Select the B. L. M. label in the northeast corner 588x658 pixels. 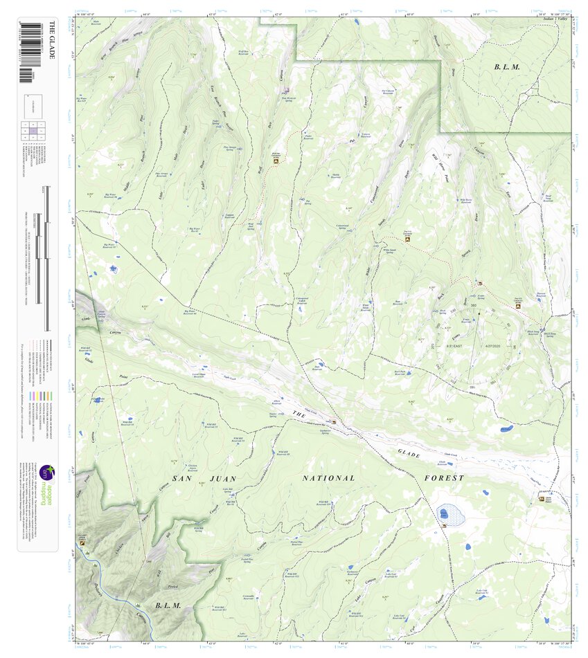point(506,66)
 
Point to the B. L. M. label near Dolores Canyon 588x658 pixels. point(168,605)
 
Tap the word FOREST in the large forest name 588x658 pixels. point(444,477)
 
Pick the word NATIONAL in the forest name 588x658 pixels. point(329,477)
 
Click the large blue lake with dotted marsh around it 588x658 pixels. point(443,514)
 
